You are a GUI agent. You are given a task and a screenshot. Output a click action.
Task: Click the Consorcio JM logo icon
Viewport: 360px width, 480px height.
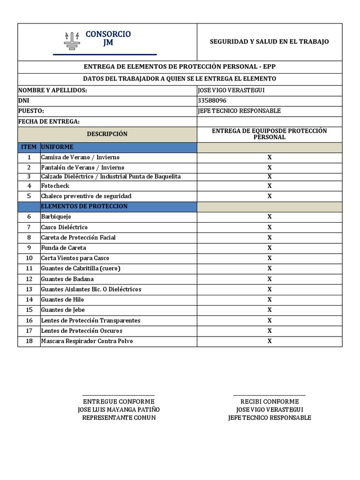[72, 41]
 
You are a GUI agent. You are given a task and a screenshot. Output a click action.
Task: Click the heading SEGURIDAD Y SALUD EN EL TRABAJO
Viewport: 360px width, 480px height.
[269, 42]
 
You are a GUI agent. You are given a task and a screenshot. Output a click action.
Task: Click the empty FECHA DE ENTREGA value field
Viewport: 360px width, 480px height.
[269, 121]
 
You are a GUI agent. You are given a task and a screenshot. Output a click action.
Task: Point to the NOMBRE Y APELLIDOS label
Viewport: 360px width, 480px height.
[52, 90]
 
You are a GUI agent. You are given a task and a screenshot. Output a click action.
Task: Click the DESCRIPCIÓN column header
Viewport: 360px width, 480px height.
[107, 134]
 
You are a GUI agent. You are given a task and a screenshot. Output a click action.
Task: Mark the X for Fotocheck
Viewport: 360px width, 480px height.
[270, 186]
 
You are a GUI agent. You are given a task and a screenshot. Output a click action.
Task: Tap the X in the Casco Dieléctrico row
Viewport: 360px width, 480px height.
[270, 227]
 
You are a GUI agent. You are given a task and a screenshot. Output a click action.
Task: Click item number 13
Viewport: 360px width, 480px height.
[29, 289]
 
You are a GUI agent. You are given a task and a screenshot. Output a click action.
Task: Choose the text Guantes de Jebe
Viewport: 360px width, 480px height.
[63, 310]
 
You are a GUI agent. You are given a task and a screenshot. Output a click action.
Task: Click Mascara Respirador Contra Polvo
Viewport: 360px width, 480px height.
[87, 341]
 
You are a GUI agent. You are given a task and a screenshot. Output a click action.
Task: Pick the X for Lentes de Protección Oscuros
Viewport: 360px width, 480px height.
[270, 330]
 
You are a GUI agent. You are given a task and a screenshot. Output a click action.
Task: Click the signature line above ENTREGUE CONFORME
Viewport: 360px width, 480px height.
[119, 396]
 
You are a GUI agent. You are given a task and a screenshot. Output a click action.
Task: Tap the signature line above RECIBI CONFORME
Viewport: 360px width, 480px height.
[269, 396]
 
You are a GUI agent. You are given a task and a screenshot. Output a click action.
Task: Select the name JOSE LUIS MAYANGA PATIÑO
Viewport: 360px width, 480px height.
[119, 410]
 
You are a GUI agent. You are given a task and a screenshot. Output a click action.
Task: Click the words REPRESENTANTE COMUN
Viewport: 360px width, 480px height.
[119, 418]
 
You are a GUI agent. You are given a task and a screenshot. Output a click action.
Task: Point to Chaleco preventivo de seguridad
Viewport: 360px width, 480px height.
[86, 196]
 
